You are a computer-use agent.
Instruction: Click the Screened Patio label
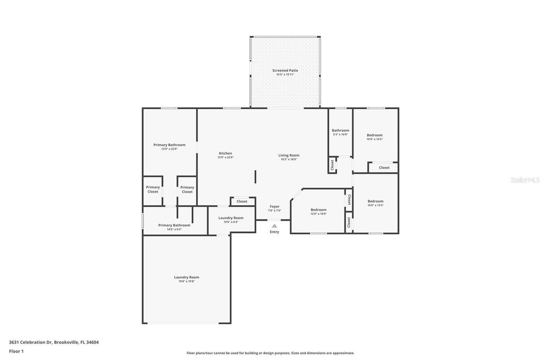285,70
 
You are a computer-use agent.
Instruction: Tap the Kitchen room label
225,154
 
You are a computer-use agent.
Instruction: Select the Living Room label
289,155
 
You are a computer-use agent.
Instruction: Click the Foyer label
274,206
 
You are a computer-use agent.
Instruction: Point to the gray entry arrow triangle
274,226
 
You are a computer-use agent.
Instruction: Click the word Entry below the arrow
274,232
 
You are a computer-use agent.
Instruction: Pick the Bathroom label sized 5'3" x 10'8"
340,130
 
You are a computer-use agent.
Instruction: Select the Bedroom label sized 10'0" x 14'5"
375,135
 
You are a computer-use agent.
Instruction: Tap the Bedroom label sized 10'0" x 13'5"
375,201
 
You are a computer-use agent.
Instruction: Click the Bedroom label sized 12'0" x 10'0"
318,210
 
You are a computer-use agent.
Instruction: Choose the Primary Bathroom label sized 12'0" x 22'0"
169,145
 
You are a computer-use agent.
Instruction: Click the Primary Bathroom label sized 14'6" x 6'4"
174,225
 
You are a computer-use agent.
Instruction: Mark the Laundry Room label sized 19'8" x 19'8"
186,277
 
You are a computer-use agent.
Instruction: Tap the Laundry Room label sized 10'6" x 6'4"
231,218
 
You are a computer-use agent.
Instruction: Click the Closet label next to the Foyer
242,201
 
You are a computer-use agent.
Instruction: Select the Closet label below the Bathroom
332,165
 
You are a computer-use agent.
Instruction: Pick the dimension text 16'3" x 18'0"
289,159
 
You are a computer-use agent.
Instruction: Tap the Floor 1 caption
16,351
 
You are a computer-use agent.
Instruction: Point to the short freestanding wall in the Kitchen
256,176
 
